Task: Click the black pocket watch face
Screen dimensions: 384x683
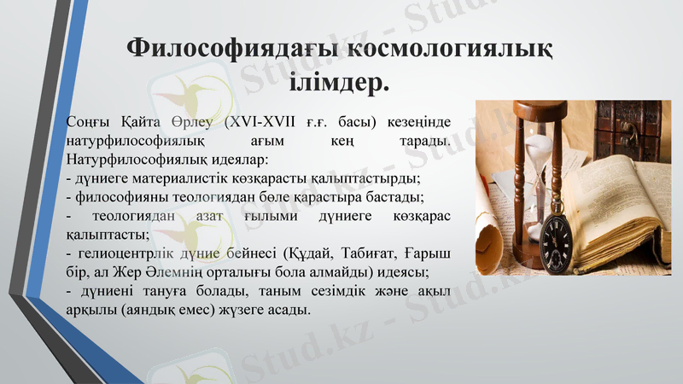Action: point(556,236)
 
